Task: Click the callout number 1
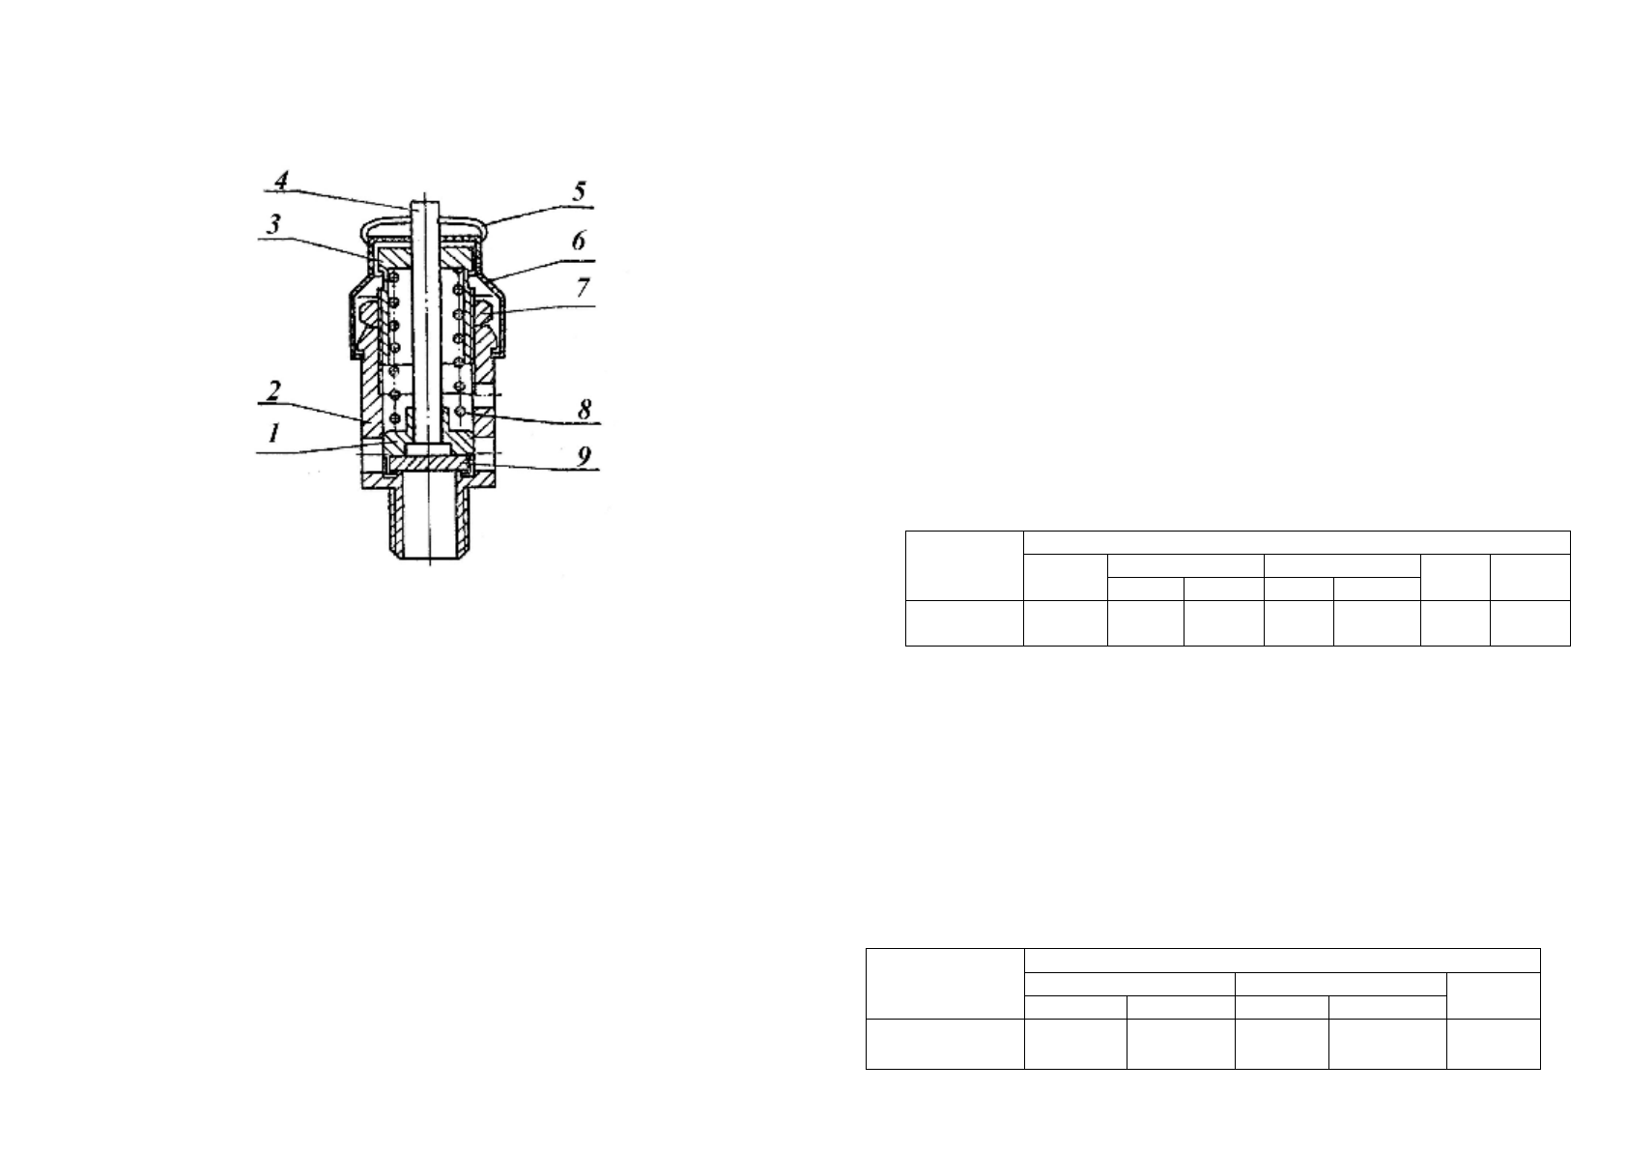pyautogui.click(x=273, y=435)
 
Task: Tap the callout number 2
pyautogui.click(x=273, y=391)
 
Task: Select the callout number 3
pyautogui.click(x=273, y=224)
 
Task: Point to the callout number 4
pyautogui.click(x=281, y=180)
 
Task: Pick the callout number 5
pyautogui.click(x=579, y=191)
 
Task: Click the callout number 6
pyautogui.click(x=578, y=241)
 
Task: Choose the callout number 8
pyautogui.click(x=585, y=409)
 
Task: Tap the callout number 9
pyautogui.click(x=584, y=456)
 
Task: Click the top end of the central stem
pyautogui.click(x=425, y=202)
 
